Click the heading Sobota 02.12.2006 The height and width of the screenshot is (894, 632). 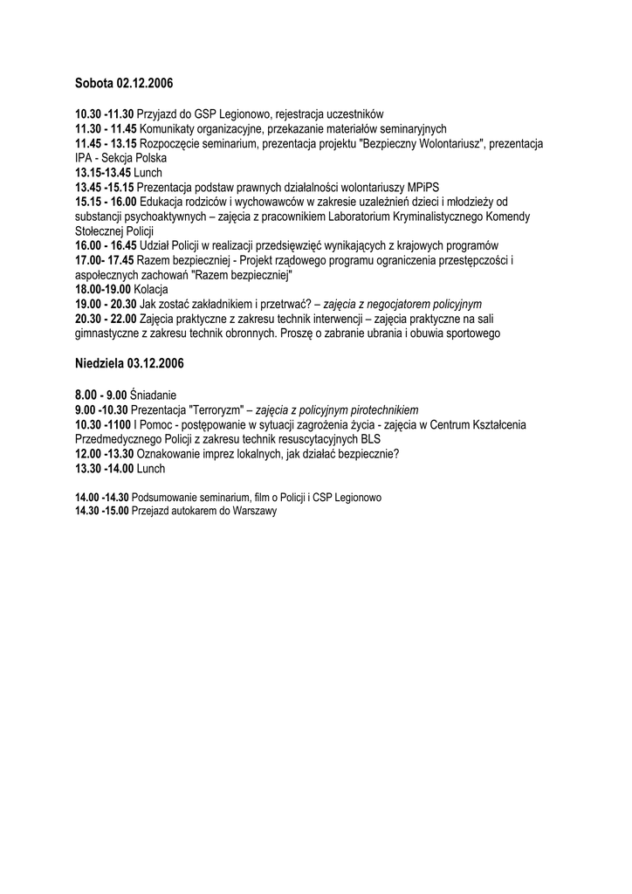point(124,84)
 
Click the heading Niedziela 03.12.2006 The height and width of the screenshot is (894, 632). point(130,362)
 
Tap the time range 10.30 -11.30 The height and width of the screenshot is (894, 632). point(104,114)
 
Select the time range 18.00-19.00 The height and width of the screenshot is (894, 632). point(103,289)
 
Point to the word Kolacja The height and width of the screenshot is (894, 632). point(151,289)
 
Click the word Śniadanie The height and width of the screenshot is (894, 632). point(153,395)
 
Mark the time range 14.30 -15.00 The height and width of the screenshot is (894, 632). point(101,511)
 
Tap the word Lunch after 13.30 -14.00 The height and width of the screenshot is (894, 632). point(150,469)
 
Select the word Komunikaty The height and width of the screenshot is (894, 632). point(168,128)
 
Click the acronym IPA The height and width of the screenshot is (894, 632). point(84,158)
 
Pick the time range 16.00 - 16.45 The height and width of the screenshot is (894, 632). point(106,245)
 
